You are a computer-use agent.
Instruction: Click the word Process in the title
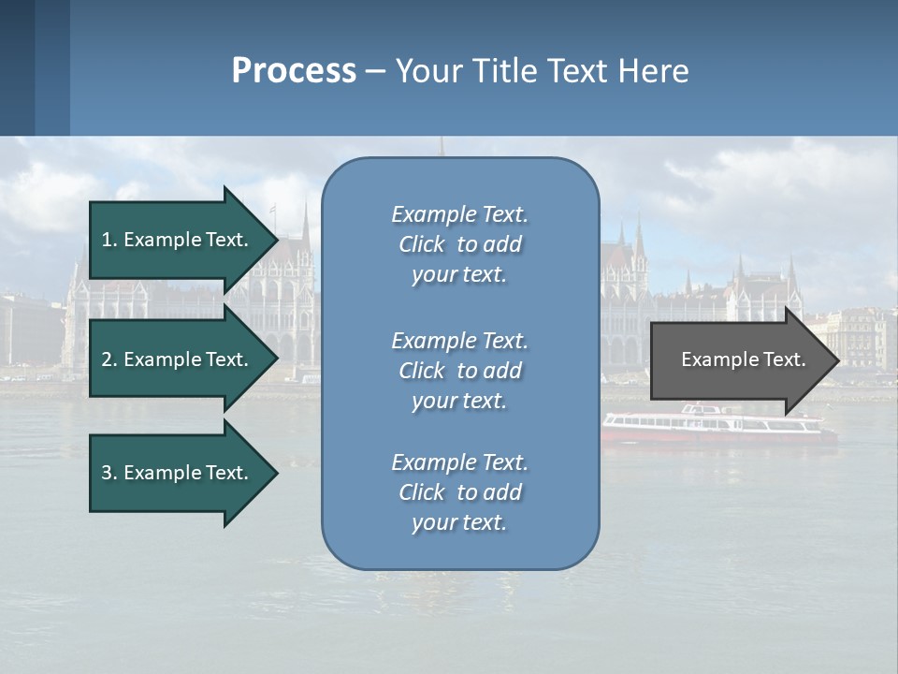click(294, 71)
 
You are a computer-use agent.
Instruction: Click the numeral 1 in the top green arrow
click(107, 240)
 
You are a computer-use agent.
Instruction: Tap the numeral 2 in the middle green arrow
click(107, 359)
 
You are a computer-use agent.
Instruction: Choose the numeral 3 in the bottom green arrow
click(107, 473)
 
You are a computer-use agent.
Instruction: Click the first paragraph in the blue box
click(460, 244)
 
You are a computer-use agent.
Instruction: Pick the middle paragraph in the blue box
click(460, 371)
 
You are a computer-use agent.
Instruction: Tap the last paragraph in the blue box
click(460, 492)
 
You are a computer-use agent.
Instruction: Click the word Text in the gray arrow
click(785, 359)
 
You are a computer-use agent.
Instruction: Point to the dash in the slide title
click(375, 71)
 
